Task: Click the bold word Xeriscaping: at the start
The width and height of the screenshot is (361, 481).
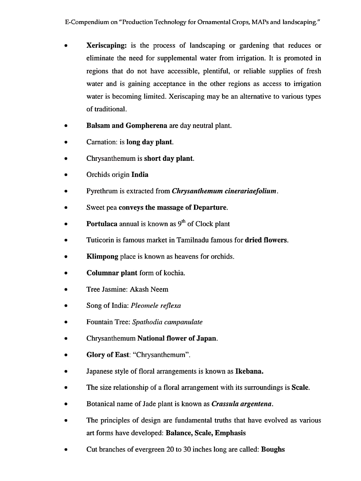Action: [106, 45]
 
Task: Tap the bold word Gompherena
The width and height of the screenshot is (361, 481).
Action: [146, 126]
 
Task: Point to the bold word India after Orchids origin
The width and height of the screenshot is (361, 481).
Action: [140, 175]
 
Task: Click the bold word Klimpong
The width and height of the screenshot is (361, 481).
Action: [102, 257]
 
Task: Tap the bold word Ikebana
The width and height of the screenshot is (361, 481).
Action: [249, 371]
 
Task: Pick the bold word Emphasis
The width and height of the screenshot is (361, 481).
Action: [230, 433]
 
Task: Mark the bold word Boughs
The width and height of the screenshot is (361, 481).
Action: [273, 450]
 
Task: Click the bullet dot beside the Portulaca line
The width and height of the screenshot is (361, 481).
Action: [66, 224]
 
